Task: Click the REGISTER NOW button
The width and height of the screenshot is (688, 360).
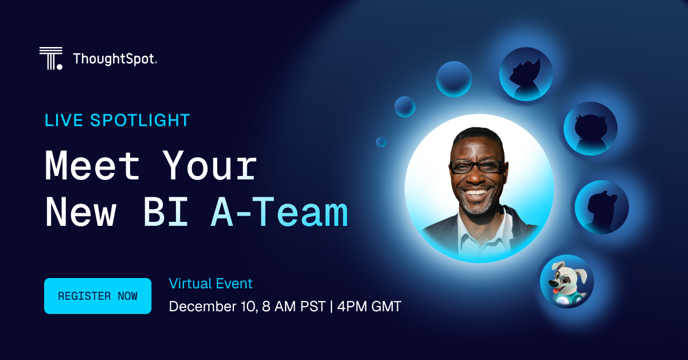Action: [x=97, y=296]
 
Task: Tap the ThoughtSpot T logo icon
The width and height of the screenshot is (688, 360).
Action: [x=50, y=58]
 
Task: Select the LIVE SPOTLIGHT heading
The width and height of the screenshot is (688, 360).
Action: [x=118, y=120]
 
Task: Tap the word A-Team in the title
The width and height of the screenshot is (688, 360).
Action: [x=279, y=212]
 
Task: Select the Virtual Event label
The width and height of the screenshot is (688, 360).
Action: [x=210, y=283]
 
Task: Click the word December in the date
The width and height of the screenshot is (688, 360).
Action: [x=198, y=307]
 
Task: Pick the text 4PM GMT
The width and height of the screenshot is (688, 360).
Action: [x=369, y=307]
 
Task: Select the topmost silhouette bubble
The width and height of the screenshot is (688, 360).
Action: [x=525, y=74]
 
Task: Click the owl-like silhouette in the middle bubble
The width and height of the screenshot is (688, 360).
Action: [x=590, y=128]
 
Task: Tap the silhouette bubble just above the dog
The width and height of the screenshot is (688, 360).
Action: [x=601, y=207]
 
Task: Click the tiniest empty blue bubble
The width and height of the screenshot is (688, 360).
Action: [x=381, y=142]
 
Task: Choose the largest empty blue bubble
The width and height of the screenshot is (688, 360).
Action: [x=454, y=79]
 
